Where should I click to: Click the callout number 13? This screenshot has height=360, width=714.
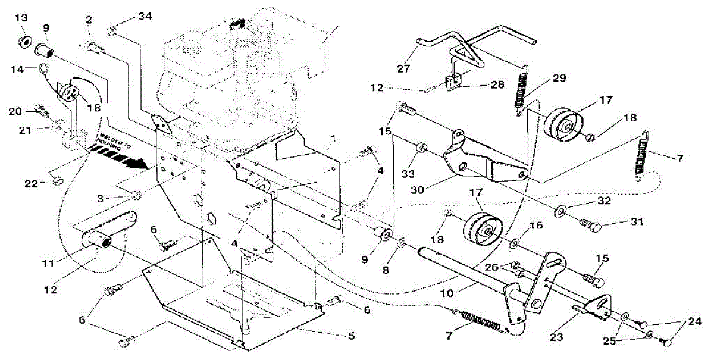pos(21,18)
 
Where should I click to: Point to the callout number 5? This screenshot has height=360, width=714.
pos(351,336)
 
